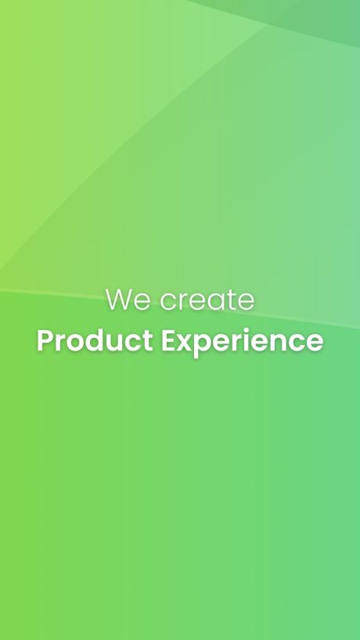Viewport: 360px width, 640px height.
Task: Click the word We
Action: (128, 300)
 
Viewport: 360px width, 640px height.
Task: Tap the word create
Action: (207, 300)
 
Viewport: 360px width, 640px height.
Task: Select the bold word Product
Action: (95, 340)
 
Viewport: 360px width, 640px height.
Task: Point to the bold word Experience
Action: (243, 342)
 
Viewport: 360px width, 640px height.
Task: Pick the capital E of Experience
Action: (168, 340)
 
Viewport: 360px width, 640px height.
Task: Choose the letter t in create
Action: (233, 300)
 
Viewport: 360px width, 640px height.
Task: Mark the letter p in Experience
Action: (205, 346)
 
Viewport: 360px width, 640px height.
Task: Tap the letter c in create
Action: (167, 303)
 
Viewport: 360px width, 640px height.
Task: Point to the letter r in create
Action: (182, 303)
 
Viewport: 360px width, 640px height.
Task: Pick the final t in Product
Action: (148, 342)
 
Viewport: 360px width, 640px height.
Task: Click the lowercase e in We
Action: (142, 303)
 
